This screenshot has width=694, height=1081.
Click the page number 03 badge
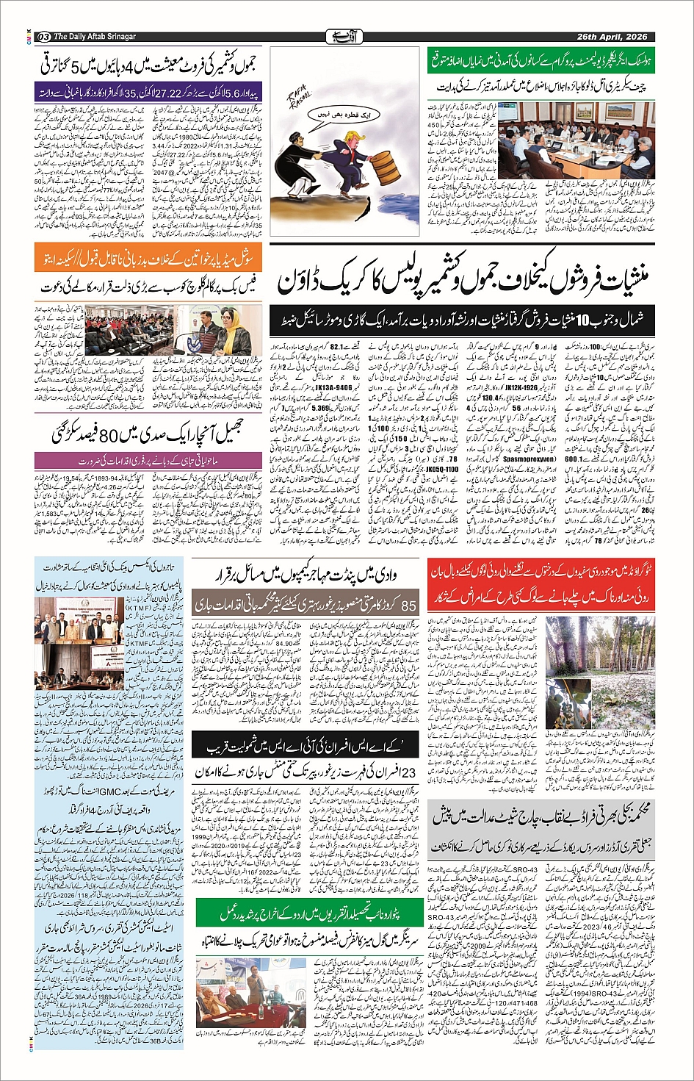pos(43,36)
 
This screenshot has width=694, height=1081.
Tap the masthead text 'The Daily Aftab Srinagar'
pos(95,36)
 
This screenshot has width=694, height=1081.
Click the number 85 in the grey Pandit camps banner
pos(408,605)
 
